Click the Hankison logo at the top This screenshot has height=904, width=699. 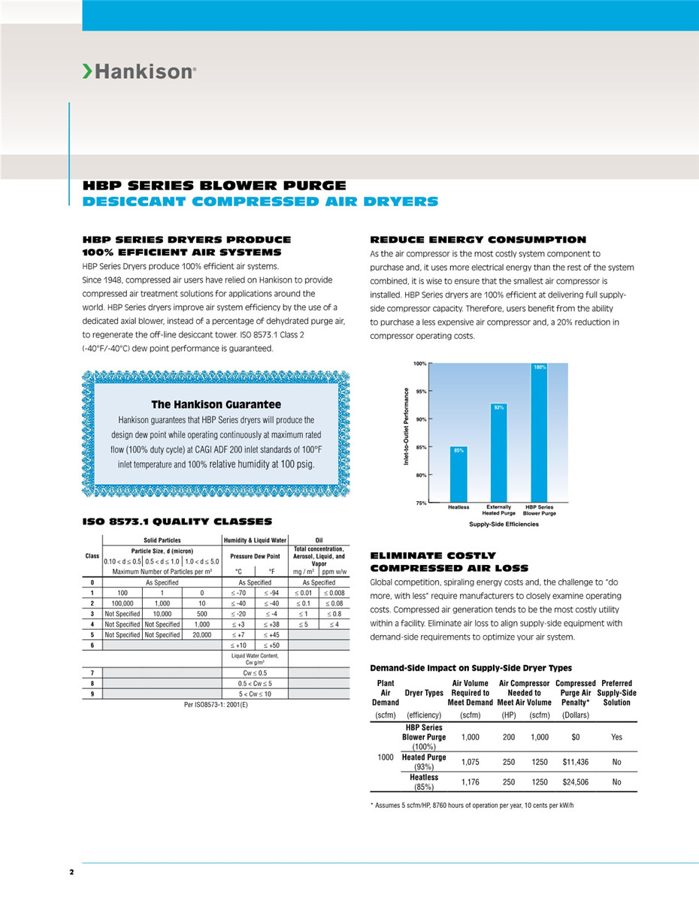(x=139, y=72)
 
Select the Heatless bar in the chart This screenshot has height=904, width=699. (x=458, y=476)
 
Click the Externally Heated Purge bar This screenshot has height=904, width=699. (x=499, y=454)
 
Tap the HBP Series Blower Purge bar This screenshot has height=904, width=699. (x=539, y=433)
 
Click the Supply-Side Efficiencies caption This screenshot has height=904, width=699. (x=504, y=524)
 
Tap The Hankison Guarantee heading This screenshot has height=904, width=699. (x=216, y=404)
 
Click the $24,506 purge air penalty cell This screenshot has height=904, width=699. (x=575, y=782)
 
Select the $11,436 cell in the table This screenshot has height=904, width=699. (x=575, y=762)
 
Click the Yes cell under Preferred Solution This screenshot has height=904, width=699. (x=616, y=737)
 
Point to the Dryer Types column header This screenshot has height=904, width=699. (x=424, y=693)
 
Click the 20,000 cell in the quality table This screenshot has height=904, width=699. (x=201, y=635)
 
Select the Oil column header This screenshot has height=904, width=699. (x=319, y=540)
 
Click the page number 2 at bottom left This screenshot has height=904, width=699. (x=71, y=872)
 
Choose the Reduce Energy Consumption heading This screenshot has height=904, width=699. (x=478, y=240)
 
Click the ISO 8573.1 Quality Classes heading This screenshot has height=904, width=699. (x=177, y=522)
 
